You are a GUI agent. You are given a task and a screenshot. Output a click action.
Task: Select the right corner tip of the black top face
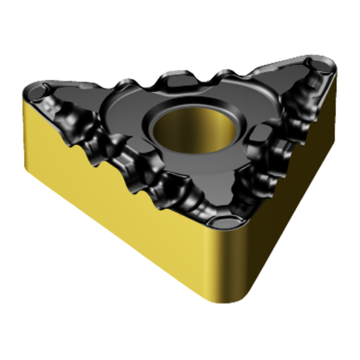pos(331,62)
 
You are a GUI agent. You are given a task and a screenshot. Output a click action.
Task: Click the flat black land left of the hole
pos(130,117)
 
